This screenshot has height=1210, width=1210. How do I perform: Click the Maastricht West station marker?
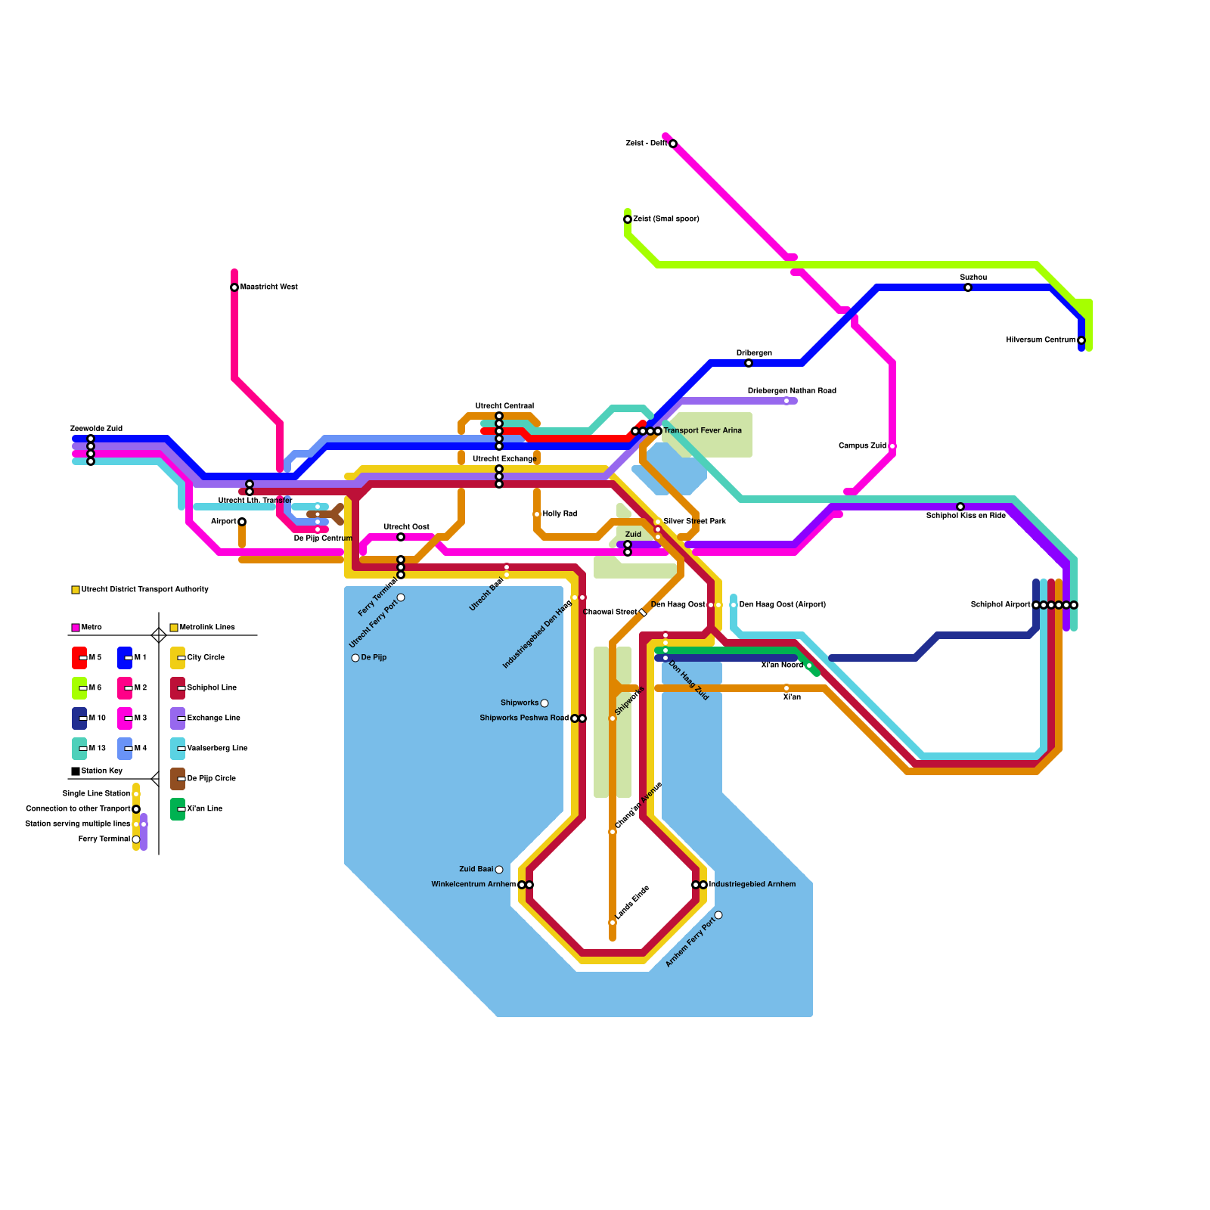[x=234, y=287]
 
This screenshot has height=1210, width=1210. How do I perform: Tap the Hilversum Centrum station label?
[x=1040, y=340]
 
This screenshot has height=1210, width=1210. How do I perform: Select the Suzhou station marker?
[x=968, y=287]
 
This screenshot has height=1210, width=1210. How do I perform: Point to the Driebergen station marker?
[x=749, y=363]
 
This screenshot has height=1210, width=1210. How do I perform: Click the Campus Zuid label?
[x=862, y=446]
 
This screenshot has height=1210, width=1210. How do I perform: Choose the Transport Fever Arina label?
[x=703, y=431]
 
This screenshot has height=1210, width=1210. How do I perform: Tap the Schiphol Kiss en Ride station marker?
[x=960, y=507]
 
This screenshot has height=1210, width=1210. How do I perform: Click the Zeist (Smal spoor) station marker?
[x=628, y=219]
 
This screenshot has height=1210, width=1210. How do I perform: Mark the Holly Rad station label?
[x=560, y=514]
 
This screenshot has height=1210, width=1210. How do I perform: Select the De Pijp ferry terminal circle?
[x=355, y=658]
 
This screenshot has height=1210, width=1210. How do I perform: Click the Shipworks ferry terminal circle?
[x=544, y=703]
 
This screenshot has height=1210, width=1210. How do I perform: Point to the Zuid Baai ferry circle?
[x=499, y=870]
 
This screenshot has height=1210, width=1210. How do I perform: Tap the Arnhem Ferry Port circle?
[x=718, y=915]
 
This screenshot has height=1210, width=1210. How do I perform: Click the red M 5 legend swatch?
[x=79, y=658]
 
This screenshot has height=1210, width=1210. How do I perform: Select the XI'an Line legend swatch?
[x=178, y=809]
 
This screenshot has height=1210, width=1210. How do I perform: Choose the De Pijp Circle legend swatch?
[x=178, y=779]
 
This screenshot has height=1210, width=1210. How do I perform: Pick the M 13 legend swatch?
[x=79, y=749]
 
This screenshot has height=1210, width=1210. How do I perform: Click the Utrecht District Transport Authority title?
[x=144, y=590]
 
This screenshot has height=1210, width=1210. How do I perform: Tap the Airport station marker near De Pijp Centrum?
[x=242, y=522]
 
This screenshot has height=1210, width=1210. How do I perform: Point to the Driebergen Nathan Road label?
[x=792, y=391]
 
